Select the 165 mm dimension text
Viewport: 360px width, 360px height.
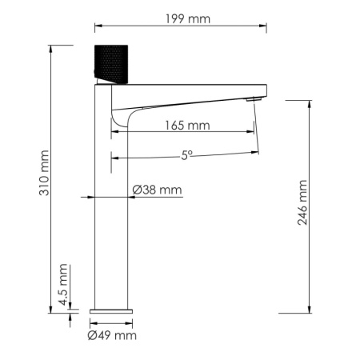point(187,125)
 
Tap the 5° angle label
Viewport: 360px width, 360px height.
point(186,156)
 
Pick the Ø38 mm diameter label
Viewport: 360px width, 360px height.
point(157,190)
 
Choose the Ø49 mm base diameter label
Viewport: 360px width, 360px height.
point(113,335)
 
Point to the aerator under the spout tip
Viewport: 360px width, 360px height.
point(253,99)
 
